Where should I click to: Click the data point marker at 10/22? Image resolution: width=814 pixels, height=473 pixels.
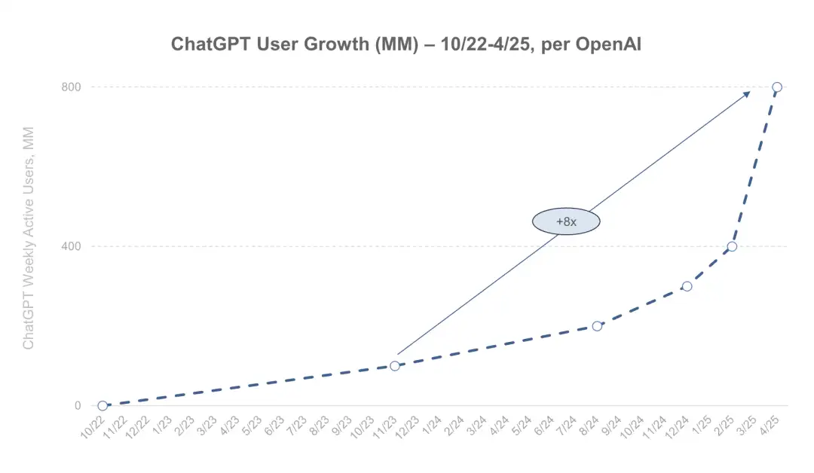click(x=103, y=406)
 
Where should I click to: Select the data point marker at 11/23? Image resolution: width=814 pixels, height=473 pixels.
click(x=394, y=366)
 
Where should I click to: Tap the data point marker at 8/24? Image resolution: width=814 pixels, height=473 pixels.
click(x=597, y=326)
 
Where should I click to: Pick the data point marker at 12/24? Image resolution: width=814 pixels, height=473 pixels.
click(x=687, y=286)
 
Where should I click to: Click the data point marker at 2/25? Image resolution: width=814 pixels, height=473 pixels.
click(x=732, y=246)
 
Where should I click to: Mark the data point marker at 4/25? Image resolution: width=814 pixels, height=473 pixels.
click(x=777, y=87)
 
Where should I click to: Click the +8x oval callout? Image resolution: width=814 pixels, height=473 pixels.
click(x=565, y=221)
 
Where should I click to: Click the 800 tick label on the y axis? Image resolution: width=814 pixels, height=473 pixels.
click(x=71, y=87)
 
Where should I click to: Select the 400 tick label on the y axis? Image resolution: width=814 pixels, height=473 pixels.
click(x=71, y=246)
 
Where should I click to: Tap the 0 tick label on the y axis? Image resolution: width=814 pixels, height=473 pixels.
click(x=77, y=406)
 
